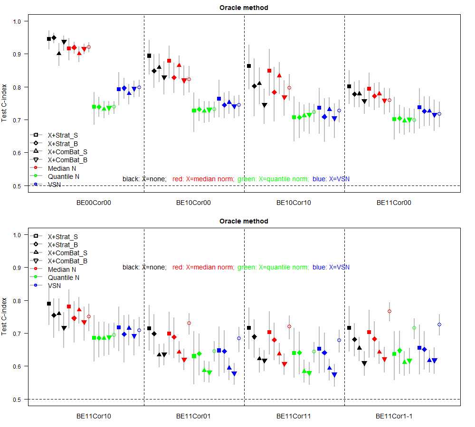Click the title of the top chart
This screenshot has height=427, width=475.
[x=244, y=8]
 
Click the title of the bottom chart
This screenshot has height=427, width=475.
[x=244, y=221]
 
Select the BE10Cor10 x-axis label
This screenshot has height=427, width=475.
[x=294, y=203]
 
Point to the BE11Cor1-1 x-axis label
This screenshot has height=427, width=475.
[x=394, y=416]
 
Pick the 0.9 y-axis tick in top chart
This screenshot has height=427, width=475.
[x=17, y=54]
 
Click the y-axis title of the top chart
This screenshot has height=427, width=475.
[x=5, y=103]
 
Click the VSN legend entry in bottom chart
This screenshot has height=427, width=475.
[x=54, y=286]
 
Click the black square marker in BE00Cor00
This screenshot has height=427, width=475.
[x=49, y=39]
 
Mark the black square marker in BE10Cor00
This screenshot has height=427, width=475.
[x=149, y=56]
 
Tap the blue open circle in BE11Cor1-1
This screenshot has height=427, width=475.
[x=439, y=325]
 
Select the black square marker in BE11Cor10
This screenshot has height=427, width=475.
[x=49, y=304]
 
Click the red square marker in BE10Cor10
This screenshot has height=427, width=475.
[x=269, y=71]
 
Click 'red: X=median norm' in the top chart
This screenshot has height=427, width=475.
[x=203, y=179]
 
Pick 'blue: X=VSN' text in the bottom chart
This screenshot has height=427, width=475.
[x=332, y=268]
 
